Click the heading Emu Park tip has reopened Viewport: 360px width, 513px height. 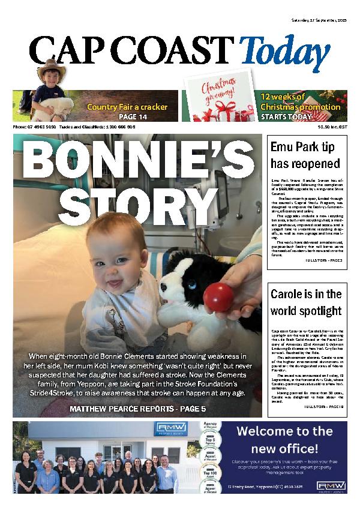point(305,155)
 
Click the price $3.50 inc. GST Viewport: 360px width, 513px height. point(332,127)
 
